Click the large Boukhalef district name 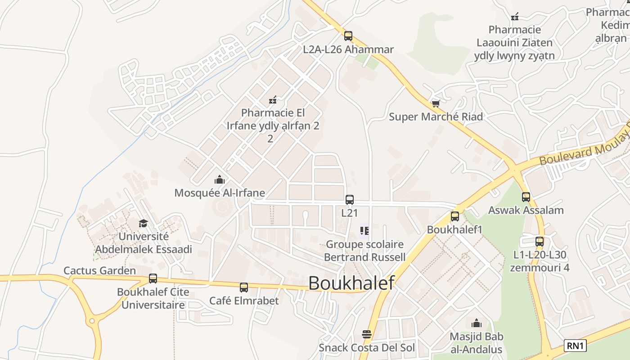point(351,283)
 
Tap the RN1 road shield point(576,346)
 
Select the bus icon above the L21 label point(350,200)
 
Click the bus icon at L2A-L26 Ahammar point(348,36)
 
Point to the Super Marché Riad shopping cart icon point(436,104)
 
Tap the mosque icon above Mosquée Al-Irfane point(220,180)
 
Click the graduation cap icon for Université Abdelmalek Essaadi point(143,223)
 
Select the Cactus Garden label point(99,270)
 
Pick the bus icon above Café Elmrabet point(244,287)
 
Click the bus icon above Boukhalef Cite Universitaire point(153,279)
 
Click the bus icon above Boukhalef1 point(455,216)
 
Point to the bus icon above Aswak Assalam point(526,197)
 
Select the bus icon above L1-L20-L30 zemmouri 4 point(540,242)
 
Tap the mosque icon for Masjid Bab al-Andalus point(477,323)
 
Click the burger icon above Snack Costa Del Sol point(367,334)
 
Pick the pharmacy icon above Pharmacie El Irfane point(272,99)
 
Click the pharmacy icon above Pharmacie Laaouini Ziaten point(515,17)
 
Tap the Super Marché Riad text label point(436,117)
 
